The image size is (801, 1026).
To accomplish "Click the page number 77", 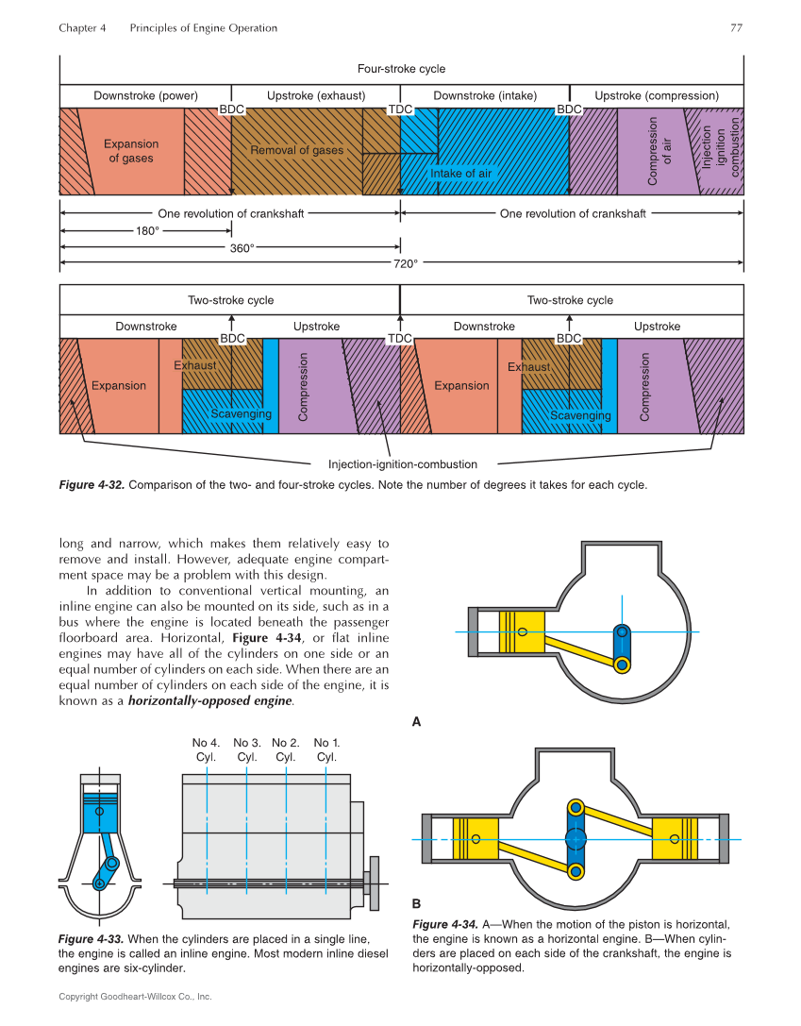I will (x=736, y=28).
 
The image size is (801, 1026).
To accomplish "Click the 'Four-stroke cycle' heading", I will (x=401, y=69).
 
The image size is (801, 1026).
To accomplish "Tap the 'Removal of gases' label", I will (x=296, y=150).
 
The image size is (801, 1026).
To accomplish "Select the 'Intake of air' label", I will (x=461, y=174).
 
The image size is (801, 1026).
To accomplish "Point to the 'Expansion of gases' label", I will (x=131, y=151).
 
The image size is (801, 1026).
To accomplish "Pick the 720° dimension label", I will (x=405, y=264).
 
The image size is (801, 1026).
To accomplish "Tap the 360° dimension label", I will (x=242, y=248).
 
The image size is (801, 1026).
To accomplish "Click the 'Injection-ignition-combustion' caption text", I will (x=403, y=464).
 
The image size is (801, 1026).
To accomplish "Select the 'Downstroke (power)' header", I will (x=145, y=96).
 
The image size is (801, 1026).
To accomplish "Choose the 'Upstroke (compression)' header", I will (x=657, y=96).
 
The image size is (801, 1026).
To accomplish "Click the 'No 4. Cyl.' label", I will (x=206, y=749).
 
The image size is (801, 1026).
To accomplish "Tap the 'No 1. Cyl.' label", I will (x=326, y=749).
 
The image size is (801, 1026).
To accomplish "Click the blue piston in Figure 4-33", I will (x=99, y=813).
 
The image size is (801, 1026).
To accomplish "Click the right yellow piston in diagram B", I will (x=679, y=838).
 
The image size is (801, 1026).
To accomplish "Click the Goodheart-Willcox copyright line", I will (x=135, y=997).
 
